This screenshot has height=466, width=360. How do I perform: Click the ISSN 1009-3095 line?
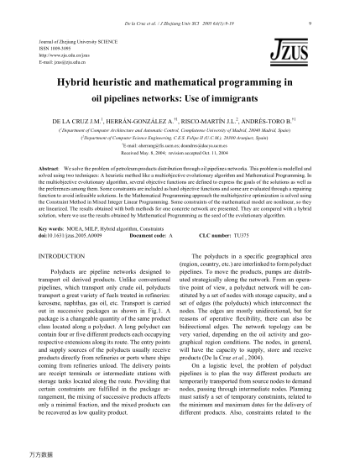(56, 47)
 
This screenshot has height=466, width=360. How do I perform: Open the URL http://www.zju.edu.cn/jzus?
(61, 54)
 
